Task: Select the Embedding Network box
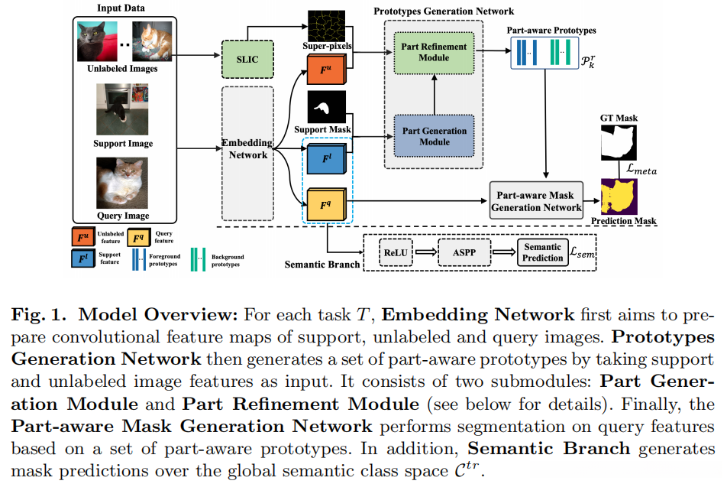pos(247,148)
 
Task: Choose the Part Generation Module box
pos(434,136)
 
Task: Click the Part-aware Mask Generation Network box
pos(535,202)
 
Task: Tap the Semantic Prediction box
pos(543,252)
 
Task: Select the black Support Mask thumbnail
pos(327,107)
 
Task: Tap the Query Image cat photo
pos(122,182)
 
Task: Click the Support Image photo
pos(122,110)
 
